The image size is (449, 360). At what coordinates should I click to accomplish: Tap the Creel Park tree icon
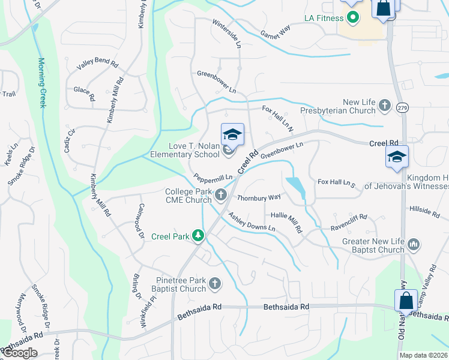(197, 236)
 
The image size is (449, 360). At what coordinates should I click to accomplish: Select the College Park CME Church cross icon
(221, 194)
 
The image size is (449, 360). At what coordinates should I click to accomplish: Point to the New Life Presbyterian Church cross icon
(385, 106)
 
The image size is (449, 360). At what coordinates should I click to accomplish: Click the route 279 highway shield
(402, 107)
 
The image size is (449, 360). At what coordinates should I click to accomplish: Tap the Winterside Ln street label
(226, 33)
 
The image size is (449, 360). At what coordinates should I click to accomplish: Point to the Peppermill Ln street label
(213, 179)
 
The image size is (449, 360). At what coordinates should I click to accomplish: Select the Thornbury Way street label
(259, 197)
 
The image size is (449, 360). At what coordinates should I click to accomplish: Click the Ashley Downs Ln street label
(252, 223)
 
